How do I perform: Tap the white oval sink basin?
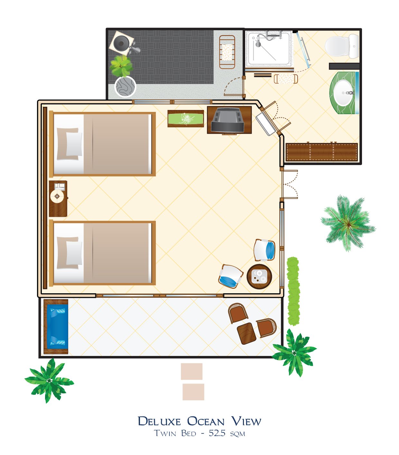(343, 93)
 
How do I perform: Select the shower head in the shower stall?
(258, 44)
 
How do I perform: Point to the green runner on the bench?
(185, 119)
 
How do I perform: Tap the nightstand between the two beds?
(58, 198)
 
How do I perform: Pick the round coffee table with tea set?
(259, 277)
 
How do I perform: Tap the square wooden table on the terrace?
(246, 333)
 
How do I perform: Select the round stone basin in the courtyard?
(125, 86)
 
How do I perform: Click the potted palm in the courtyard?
(121, 66)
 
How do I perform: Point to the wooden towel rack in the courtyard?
(227, 52)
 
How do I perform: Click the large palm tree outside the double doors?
(348, 223)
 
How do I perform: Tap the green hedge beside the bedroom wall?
(293, 291)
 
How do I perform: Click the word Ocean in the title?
(206, 421)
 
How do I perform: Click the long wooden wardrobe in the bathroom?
(321, 152)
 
